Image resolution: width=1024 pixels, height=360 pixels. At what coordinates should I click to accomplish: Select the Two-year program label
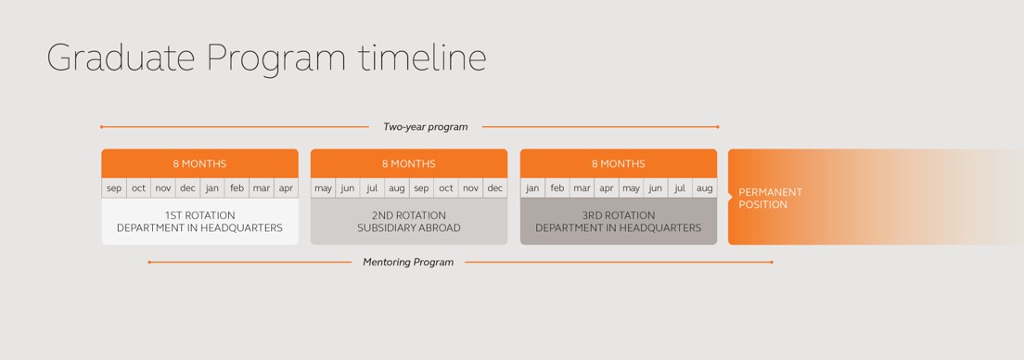pos(425,127)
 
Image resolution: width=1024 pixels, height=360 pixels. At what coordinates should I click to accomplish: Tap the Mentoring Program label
pos(408,262)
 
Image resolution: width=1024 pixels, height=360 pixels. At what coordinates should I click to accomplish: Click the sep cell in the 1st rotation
pos(114,188)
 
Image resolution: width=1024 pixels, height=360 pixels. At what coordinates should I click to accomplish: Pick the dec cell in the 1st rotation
pos(188,188)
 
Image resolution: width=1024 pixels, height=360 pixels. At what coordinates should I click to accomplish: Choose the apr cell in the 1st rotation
pos(286,188)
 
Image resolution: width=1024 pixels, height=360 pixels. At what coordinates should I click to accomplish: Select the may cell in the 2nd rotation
pos(324,188)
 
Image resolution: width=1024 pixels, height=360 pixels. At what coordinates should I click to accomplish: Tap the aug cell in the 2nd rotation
pos(397,188)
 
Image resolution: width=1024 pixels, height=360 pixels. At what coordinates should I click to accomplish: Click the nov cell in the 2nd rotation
pos(471,188)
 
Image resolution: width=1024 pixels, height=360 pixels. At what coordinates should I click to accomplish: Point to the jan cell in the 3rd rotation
pos(533,188)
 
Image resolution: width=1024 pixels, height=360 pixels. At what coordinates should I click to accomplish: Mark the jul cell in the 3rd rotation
pos(680,188)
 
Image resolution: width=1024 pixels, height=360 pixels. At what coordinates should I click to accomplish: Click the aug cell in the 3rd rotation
pos(705,188)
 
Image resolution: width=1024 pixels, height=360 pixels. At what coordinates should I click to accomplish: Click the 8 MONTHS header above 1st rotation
pos(199,163)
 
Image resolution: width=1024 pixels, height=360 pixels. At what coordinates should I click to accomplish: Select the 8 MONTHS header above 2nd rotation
pos(409,163)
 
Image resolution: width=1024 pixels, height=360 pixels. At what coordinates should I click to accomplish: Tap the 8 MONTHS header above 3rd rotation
pos(619,163)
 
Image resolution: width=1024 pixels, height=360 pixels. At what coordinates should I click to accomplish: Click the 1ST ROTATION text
pos(199,215)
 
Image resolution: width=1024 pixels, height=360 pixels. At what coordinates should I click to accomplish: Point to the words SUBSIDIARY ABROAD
pos(409,228)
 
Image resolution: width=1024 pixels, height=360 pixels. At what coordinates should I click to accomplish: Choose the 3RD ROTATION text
pos(619,215)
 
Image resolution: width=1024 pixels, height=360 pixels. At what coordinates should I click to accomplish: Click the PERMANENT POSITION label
pos(771,198)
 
